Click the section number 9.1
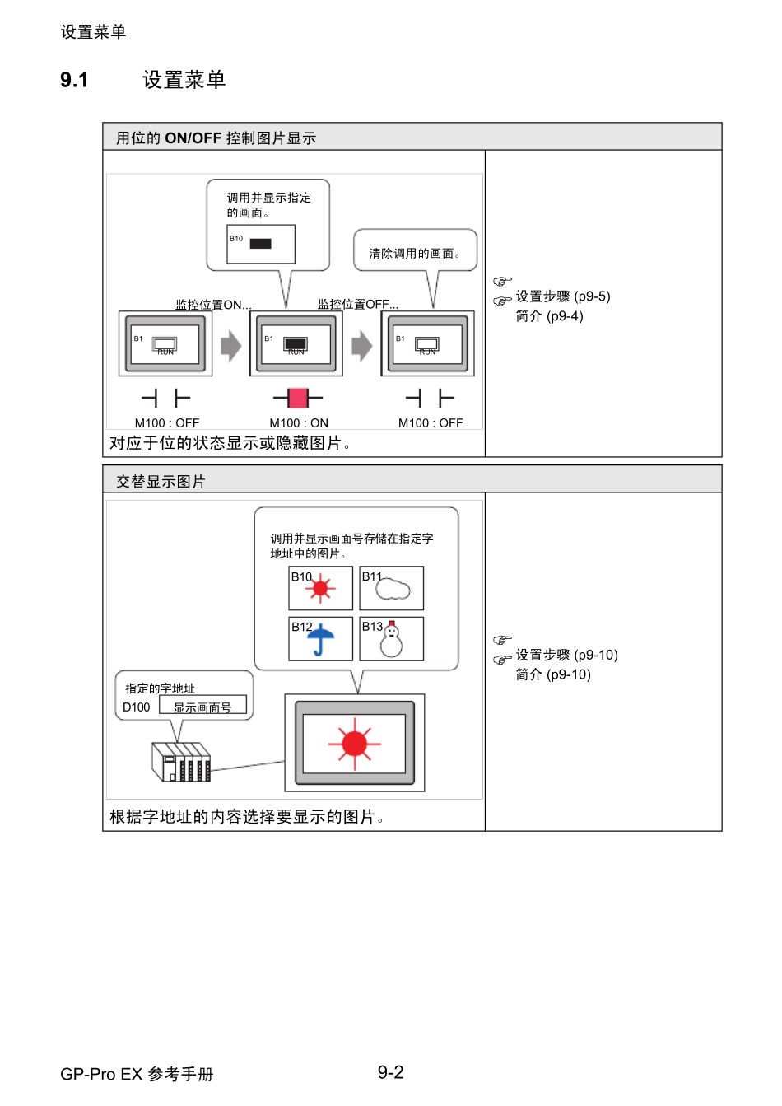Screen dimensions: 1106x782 [x=74, y=80]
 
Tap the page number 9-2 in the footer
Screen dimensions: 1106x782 [x=390, y=1071]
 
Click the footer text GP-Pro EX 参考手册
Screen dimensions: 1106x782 [x=137, y=1074]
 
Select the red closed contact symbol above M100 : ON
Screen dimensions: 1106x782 [x=297, y=399]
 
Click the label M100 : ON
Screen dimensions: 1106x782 [x=299, y=422]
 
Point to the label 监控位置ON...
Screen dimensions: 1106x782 [x=213, y=304]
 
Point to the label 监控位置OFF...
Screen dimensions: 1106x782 [x=358, y=304]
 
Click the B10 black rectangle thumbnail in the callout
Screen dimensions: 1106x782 [x=260, y=244]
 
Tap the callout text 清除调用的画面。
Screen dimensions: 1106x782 [x=415, y=254]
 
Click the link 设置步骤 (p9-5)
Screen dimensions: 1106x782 [x=563, y=296]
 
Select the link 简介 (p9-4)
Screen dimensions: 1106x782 [x=549, y=316]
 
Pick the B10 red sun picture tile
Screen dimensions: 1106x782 [x=320, y=588]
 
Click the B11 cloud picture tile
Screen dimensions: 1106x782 [x=392, y=588]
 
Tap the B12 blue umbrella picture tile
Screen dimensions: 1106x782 [x=320, y=639]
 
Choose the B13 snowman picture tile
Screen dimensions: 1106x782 [x=392, y=639]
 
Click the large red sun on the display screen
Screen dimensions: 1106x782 [x=355, y=743]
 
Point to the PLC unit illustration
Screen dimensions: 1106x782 [x=181, y=761]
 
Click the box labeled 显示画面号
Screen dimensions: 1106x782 [x=202, y=707]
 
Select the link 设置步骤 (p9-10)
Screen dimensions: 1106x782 [x=566, y=655]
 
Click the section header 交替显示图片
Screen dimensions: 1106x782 [x=161, y=481]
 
